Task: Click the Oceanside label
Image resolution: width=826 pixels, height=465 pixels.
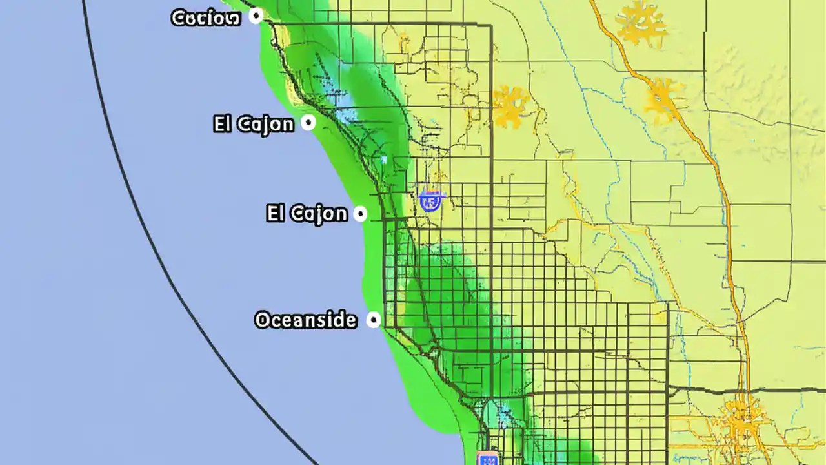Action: click(x=306, y=320)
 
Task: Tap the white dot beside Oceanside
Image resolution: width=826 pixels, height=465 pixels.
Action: click(x=373, y=320)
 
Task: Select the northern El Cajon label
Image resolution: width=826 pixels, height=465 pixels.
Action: click(x=254, y=123)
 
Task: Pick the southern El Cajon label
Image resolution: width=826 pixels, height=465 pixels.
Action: click(x=307, y=213)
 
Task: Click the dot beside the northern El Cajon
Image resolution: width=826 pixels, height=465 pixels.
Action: click(x=309, y=122)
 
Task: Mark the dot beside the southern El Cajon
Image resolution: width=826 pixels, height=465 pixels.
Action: click(x=361, y=213)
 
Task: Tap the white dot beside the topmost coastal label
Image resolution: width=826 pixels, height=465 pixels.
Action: click(x=256, y=16)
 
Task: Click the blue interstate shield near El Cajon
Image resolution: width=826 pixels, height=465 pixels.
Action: click(x=430, y=201)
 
